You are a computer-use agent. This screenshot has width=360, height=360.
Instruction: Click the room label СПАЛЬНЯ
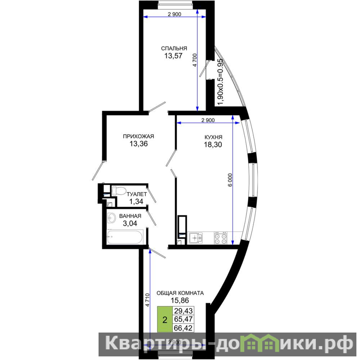(x=174, y=49)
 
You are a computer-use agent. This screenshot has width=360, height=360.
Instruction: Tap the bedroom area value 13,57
(x=173, y=56)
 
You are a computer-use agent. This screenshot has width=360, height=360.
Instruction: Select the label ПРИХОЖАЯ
(x=139, y=136)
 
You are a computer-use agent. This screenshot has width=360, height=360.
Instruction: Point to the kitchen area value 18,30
(x=213, y=144)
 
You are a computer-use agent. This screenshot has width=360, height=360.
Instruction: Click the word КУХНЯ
(x=213, y=137)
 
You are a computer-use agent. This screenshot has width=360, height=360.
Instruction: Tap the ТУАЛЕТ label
(x=137, y=194)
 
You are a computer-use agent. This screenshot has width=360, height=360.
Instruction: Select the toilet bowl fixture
(x=118, y=191)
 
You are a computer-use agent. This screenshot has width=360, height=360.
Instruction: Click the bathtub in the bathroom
(x=125, y=237)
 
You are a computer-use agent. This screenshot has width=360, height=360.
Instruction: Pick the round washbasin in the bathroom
(x=112, y=217)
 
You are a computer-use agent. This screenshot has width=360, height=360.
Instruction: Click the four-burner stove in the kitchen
(x=220, y=238)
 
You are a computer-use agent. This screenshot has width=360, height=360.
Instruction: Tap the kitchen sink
(x=196, y=238)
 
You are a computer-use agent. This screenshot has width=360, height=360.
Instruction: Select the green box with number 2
(x=165, y=319)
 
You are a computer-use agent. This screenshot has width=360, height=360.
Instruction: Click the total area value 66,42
(x=183, y=328)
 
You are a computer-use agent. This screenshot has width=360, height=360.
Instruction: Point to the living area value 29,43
(x=183, y=311)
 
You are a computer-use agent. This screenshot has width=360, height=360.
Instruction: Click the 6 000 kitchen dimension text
(x=230, y=180)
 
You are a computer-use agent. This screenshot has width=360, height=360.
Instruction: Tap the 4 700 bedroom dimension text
(x=195, y=60)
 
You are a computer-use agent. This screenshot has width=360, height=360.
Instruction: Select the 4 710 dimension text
(x=148, y=300)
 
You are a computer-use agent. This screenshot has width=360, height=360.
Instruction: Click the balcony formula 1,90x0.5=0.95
(x=220, y=82)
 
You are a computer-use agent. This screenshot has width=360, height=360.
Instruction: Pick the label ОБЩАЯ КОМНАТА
(x=180, y=293)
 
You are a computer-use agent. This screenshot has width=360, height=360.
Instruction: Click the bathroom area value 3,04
(x=130, y=223)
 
